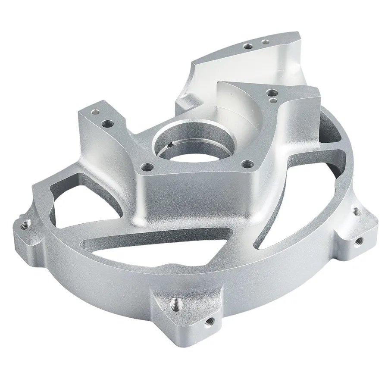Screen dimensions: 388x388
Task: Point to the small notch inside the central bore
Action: tap(172, 144)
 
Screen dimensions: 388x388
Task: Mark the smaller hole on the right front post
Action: tap(273, 100)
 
